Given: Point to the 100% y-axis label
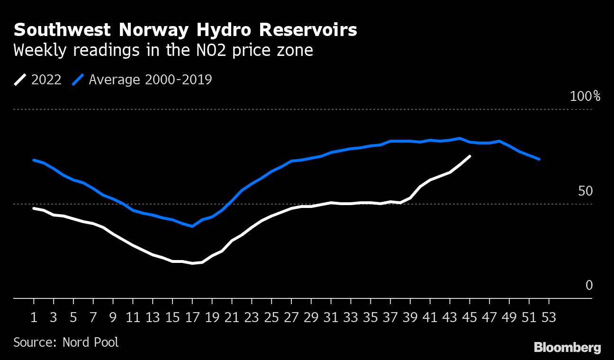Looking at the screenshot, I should [585, 97].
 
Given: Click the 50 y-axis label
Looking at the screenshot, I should [585, 191].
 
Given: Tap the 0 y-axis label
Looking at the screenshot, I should [589, 285].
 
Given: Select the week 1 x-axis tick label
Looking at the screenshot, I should [34, 318].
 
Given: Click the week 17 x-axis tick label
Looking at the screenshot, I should [192, 318].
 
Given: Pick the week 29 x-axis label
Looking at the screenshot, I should [311, 318].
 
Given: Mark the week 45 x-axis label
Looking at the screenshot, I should [470, 318].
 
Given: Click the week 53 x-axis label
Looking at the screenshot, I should [549, 318].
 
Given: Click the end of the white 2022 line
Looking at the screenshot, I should [470, 156].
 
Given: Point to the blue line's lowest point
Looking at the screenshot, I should [192, 226].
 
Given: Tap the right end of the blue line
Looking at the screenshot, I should [539, 159].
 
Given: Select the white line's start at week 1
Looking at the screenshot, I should [34, 208].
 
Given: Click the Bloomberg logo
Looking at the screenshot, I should [567, 348].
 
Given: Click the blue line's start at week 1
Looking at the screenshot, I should [34, 160].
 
